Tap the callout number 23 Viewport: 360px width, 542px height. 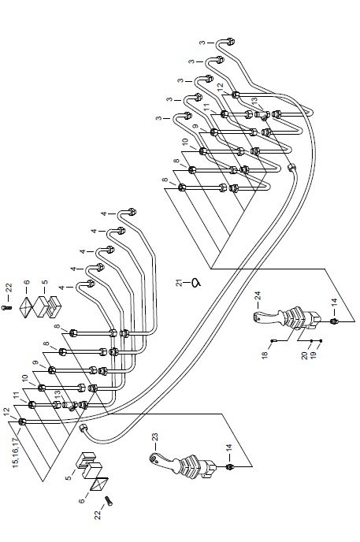[x=154, y=437]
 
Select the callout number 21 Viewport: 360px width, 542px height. [x=180, y=282]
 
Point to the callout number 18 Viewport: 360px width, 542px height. [x=265, y=355]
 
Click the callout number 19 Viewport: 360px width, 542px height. [x=314, y=355]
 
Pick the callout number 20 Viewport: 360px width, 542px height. [x=304, y=355]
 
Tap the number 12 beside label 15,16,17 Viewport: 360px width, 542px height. [x=6, y=412]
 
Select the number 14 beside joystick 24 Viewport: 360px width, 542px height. [x=334, y=303]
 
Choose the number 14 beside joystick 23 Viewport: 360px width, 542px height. [x=228, y=449]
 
